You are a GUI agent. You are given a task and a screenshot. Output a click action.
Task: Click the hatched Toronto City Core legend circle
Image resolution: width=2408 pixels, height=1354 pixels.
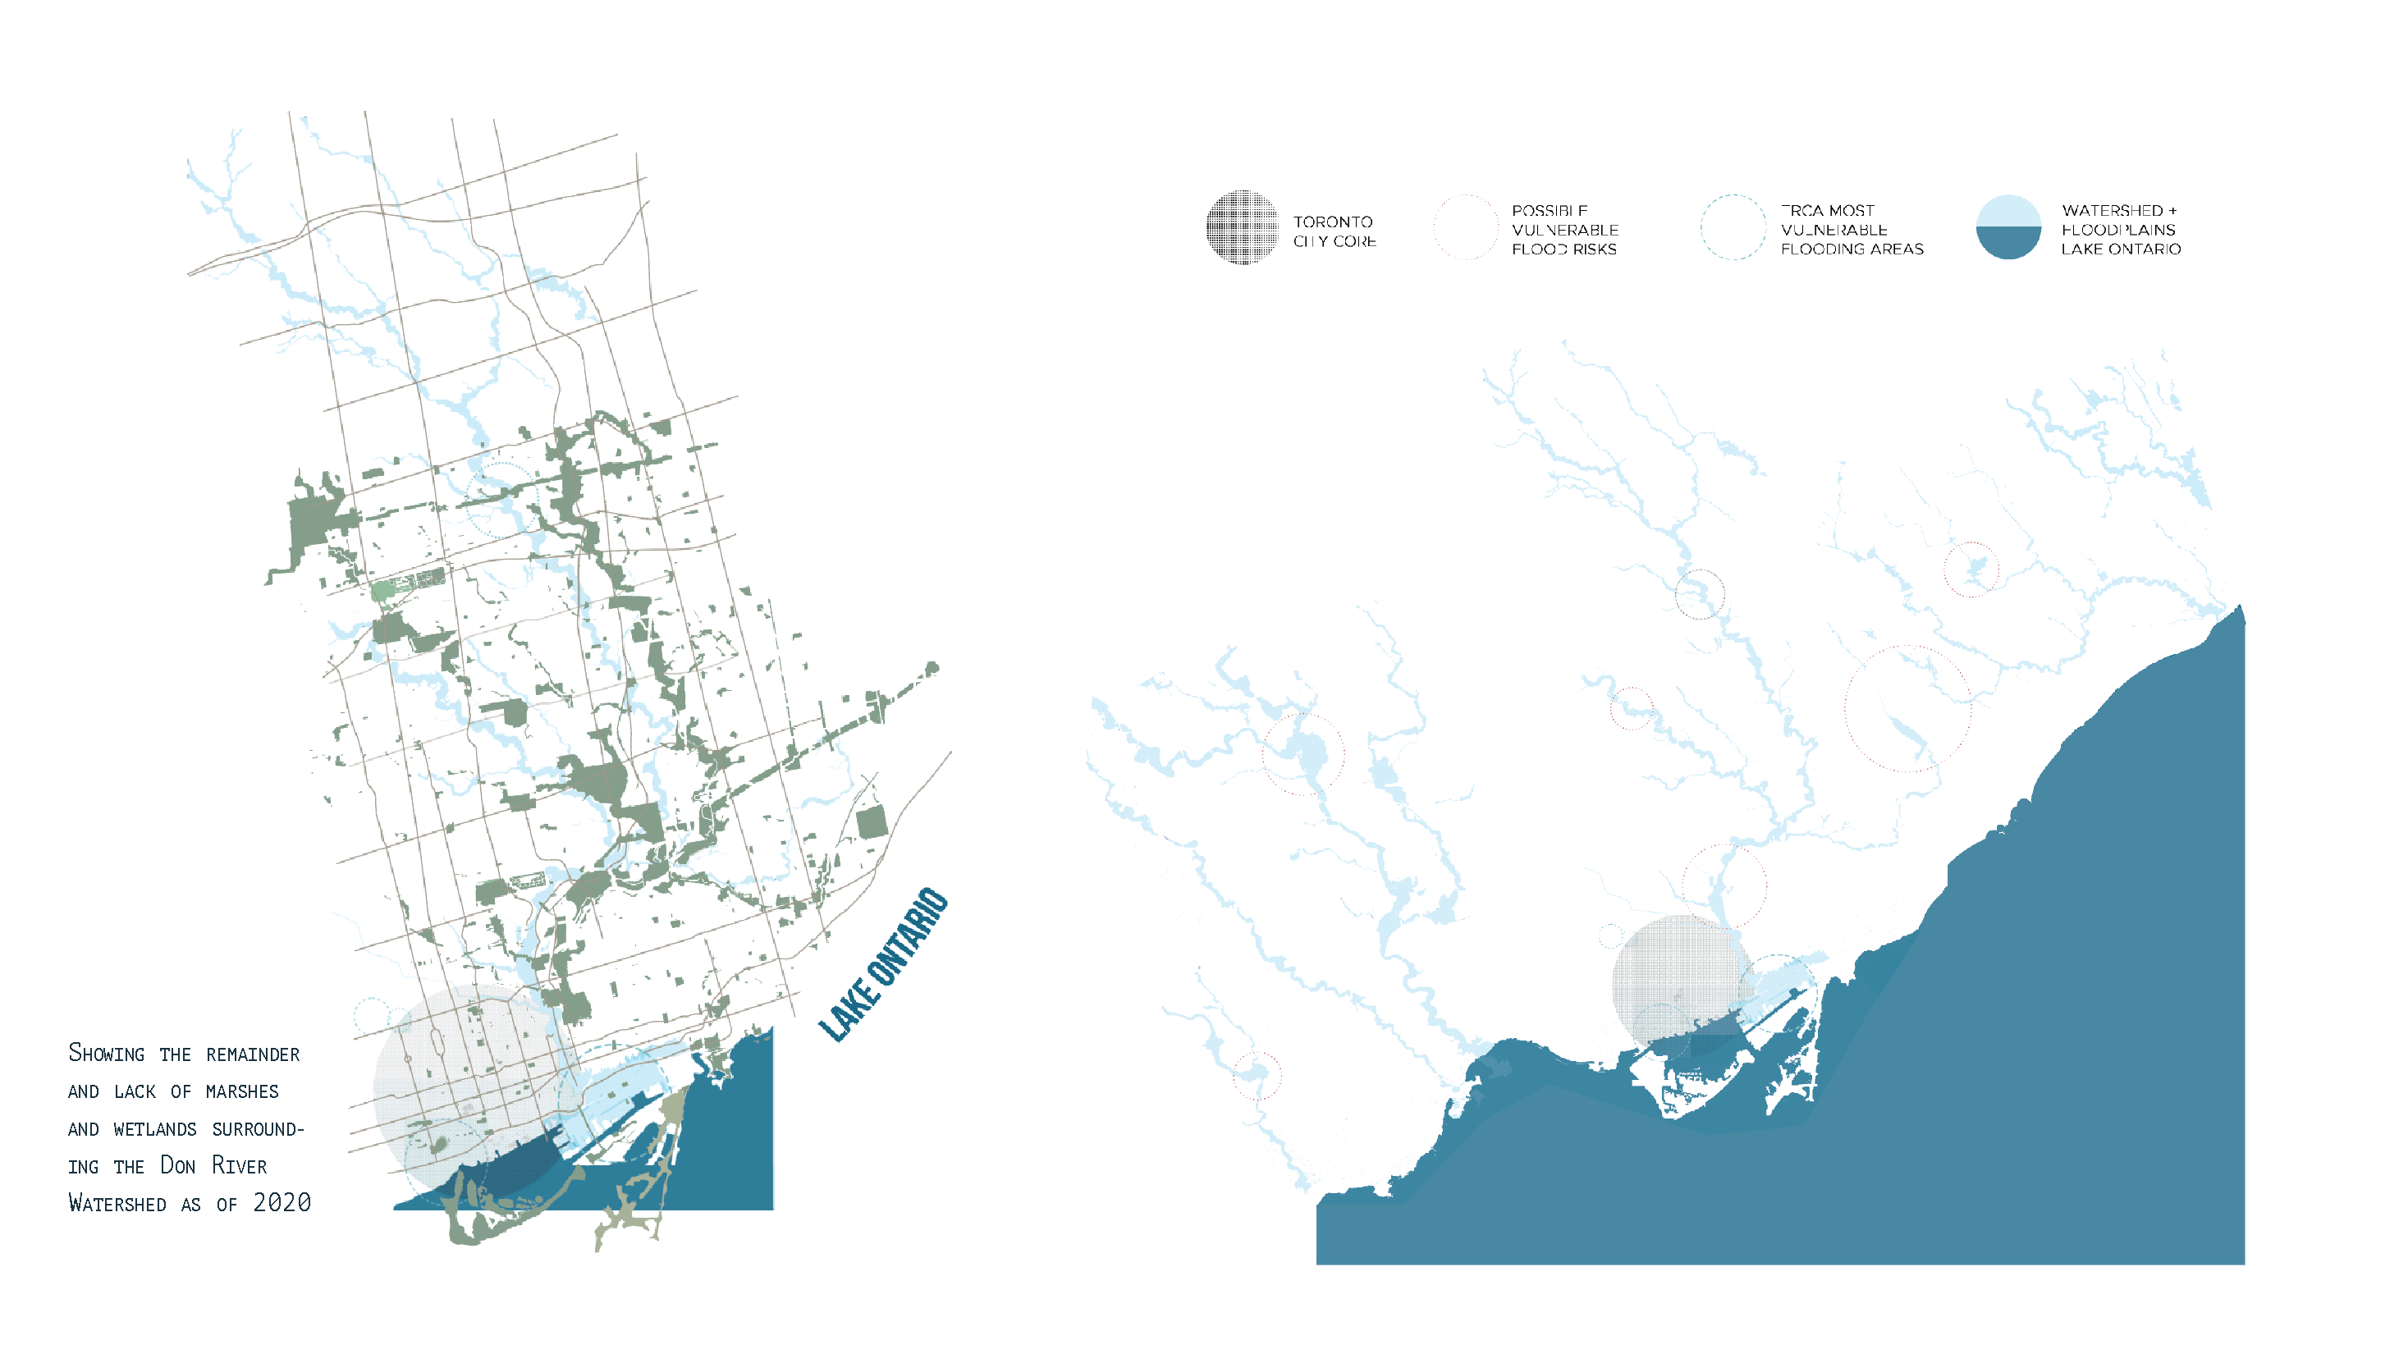(x=1242, y=227)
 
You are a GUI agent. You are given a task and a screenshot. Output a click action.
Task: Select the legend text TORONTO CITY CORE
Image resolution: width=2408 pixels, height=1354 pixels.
(x=1334, y=231)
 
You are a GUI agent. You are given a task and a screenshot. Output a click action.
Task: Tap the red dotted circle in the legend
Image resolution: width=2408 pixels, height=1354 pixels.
(x=1466, y=227)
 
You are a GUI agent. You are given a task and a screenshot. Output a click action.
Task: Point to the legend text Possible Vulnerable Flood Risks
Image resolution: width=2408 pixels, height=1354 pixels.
(x=1564, y=230)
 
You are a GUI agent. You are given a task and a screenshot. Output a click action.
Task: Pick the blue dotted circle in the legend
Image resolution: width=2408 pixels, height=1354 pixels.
(x=1733, y=227)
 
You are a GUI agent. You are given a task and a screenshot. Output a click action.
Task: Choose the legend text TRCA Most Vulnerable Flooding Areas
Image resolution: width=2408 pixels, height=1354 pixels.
(x=1851, y=230)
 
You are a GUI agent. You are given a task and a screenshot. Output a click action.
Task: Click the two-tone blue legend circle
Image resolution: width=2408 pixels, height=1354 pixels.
(x=2008, y=227)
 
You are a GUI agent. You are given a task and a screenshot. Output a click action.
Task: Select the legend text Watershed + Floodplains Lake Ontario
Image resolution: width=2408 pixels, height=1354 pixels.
(x=2120, y=230)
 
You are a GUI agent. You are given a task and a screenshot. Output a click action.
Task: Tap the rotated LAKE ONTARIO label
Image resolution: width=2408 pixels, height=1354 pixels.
(x=883, y=964)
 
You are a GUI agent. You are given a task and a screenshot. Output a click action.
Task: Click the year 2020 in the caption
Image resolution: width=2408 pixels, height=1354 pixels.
(x=282, y=1203)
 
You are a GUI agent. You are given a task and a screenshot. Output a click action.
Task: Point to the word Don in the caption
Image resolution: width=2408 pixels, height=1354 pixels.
(x=177, y=1165)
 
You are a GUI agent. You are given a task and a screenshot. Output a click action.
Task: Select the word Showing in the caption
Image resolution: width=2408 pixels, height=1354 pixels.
(x=107, y=1053)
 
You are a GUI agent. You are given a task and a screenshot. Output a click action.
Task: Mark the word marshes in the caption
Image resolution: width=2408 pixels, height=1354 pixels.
(x=242, y=1091)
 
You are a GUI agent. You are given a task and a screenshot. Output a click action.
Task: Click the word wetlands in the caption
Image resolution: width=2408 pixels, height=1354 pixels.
(x=155, y=1129)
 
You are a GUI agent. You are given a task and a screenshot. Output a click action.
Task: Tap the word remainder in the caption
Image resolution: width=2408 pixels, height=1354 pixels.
(x=253, y=1054)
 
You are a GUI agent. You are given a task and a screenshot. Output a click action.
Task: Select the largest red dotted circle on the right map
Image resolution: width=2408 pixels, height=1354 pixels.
(x=1907, y=708)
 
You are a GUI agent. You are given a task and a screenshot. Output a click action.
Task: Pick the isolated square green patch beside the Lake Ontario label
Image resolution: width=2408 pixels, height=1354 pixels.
(x=872, y=823)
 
